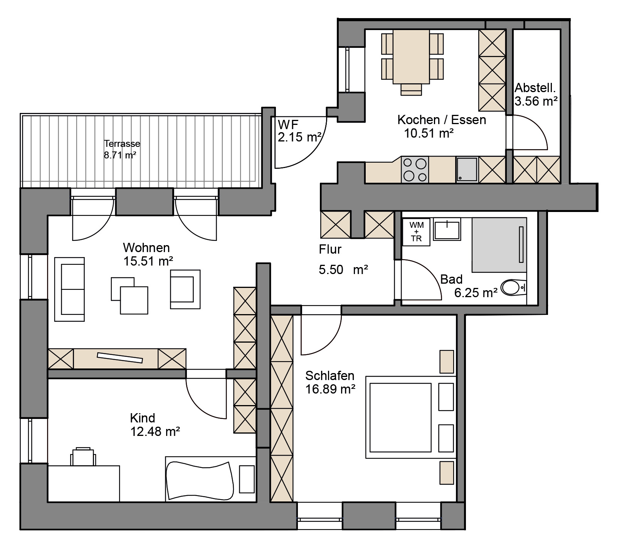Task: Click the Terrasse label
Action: click(122, 144)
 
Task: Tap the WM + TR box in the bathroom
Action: click(416, 232)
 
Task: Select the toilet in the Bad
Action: click(514, 288)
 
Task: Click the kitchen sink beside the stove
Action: click(467, 170)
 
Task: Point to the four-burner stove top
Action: click(415, 170)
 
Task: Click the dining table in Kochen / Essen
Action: click(411, 57)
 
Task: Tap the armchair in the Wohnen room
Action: click(185, 289)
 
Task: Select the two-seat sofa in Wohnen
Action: click(70, 289)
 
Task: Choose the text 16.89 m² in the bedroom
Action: click(330, 389)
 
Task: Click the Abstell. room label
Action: click(535, 88)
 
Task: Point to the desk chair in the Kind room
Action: click(83, 456)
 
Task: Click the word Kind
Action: click(143, 418)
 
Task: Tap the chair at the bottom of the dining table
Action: click(411, 89)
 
